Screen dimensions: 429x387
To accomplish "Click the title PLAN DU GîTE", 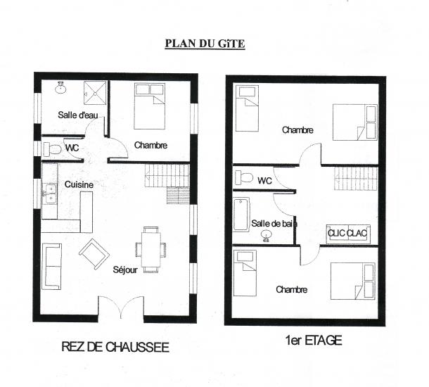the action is (205, 44).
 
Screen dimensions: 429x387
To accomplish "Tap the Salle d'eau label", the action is (78, 115).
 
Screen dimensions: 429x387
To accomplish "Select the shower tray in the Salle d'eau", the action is (95, 93).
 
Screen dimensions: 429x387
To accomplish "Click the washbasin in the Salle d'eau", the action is (60, 87).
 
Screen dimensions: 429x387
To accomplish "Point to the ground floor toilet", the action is (52, 149).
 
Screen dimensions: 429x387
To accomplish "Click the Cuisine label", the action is (79, 185).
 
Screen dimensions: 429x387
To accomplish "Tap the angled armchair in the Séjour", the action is (94, 254).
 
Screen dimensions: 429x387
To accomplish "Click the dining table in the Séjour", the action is (151, 249).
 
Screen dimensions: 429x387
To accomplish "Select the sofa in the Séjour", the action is (51, 267).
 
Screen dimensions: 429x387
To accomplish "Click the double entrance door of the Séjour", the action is (121, 307).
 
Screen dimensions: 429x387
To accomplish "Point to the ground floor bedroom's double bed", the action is (150, 106).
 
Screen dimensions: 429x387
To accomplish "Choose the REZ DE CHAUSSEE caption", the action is (115, 347).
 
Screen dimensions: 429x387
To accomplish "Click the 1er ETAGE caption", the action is (314, 341).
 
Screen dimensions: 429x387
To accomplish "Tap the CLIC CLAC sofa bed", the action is (348, 234).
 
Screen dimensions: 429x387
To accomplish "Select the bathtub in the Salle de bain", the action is (241, 215).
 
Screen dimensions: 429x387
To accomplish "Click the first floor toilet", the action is (244, 177).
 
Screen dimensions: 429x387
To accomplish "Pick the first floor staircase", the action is (356, 179).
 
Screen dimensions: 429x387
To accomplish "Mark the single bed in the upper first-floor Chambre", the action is (248, 108).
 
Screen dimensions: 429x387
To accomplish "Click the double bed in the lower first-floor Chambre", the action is (353, 281).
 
